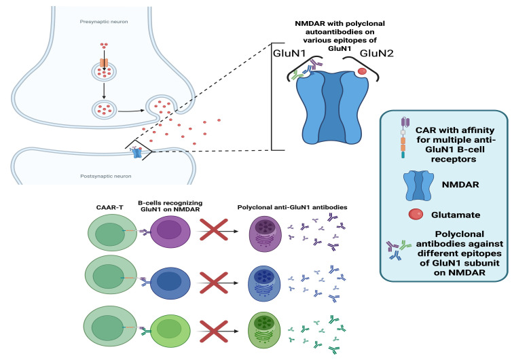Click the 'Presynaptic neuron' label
pos(104,22)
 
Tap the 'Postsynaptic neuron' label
pos(106,176)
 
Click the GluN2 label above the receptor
pos(376,53)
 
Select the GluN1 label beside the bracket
pos(289,53)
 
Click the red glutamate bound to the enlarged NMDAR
pos(362,71)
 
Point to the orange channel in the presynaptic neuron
pos(104,62)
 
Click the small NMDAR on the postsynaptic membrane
pos(136,153)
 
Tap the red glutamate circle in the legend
pos(416,214)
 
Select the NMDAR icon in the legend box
pos(418,185)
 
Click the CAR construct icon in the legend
pos(404,137)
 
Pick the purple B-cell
pos(170,232)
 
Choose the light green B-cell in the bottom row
pos(170,331)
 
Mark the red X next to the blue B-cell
pos(213,283)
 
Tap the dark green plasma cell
pos(265,330)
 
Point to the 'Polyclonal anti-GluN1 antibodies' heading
pos(292,207)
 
